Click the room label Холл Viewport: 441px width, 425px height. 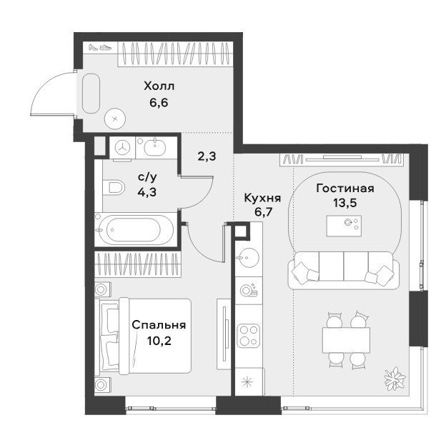click(x=159, y=86)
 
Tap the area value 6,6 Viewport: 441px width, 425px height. click(x=159, y=103)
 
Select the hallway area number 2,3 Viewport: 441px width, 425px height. click(x=207, y=156)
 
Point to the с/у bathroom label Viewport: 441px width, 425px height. click(x=147, y=177)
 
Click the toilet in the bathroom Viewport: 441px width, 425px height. click(x=114, y=187)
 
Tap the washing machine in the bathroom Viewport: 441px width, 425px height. click(x=123, y=148)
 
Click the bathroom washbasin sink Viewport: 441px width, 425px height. click(x=155, y=147)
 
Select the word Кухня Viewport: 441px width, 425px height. click(x=263, y=198)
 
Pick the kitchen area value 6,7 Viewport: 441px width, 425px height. click(x=263, y=211)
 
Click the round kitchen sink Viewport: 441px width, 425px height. click(x=248, y=257)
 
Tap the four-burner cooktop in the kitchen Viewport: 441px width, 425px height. click(x=248, y=336)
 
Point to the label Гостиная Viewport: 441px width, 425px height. click(x=345, y=188)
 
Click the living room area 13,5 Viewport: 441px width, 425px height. click(x=345, y=202)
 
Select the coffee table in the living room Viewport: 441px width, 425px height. click(x=344, y=226)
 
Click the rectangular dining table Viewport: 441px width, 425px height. click(x=346, y=340)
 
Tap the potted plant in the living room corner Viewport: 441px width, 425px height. click(x=395, y=379)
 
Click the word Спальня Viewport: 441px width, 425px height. click(x=159, y=325)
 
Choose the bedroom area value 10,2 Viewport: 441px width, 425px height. click(x=159, y=341)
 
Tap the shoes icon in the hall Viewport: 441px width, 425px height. click(x=100, y=47)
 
